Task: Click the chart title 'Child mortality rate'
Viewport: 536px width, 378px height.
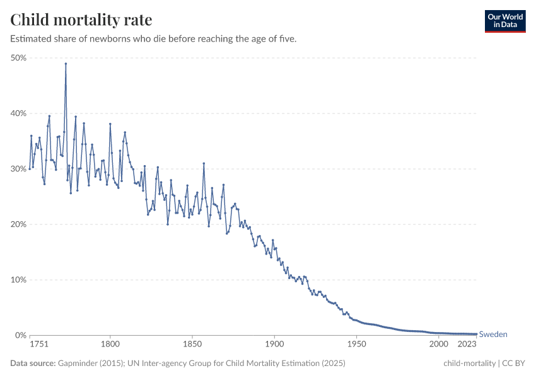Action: click(81, 20)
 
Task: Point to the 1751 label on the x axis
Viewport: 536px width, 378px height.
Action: click(38, 345)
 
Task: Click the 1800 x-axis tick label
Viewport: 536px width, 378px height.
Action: click(110, 345)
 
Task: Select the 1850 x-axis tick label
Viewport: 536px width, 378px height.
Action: click(192, 345)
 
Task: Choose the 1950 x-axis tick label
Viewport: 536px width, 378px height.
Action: click(356, 345)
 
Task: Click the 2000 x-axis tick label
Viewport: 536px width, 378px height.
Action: click(438, 345)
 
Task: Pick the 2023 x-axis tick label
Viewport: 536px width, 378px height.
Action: click(467, 345)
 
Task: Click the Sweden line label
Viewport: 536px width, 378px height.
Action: click(493, 335)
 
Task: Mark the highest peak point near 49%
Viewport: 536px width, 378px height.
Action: click(66, 64)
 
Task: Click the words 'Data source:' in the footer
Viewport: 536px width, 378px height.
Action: click(33, 364)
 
